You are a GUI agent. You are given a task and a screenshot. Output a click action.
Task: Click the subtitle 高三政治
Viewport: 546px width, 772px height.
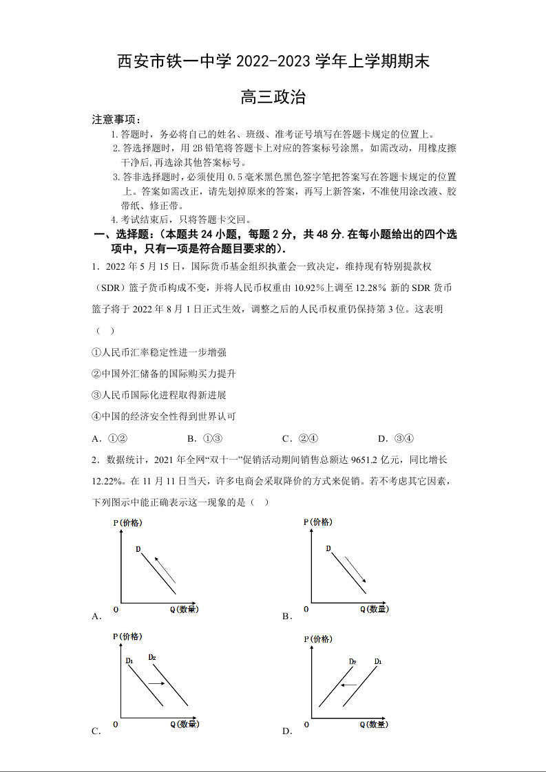tap(273, 98)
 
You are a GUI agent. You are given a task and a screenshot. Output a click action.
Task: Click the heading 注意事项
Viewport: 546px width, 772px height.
tap(116, 120)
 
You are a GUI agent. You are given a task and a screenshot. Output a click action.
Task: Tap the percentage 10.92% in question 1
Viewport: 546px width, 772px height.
tap(311, 288)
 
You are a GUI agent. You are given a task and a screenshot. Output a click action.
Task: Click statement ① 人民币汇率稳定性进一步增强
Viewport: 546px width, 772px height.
tap(159, 352)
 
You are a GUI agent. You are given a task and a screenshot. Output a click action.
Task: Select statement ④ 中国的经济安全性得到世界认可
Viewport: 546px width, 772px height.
tap(164, 416)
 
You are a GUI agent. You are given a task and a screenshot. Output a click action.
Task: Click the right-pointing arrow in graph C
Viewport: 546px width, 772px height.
tap(156, 683)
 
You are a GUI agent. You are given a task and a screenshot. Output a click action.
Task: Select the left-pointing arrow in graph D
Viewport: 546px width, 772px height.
tap(350, 685)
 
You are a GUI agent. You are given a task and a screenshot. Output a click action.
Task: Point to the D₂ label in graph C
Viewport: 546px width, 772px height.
tap(152, 657)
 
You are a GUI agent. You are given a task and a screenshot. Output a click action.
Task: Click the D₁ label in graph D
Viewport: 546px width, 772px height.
tap(378, 661)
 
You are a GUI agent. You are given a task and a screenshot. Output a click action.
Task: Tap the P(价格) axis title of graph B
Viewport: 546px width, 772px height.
tap(317, 522)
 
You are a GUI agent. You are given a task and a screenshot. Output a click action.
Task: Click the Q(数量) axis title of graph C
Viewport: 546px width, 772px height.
tap(184, 725)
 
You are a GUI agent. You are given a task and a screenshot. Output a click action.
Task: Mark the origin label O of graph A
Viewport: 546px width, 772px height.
tap(116, 610)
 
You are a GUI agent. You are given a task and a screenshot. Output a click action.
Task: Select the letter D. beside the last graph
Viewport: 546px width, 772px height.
tap(287, 731)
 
